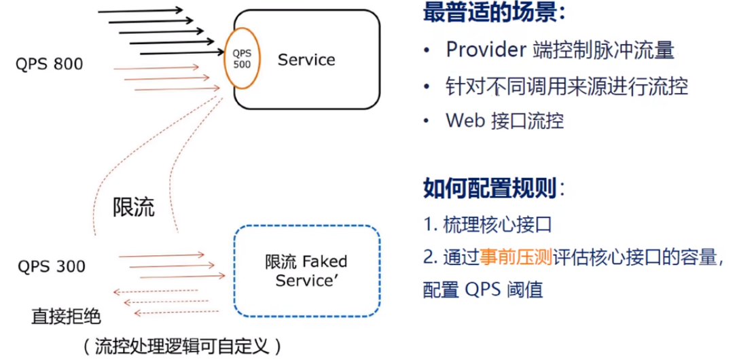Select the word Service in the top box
click(306, 60)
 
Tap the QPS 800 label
click(50, 65)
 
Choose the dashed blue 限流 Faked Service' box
click(306, 271)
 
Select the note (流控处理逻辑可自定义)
click(182, 346)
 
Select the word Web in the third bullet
click(463, 121)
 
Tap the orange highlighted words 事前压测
click(516, 256)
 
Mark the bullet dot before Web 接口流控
click(426, 122)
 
